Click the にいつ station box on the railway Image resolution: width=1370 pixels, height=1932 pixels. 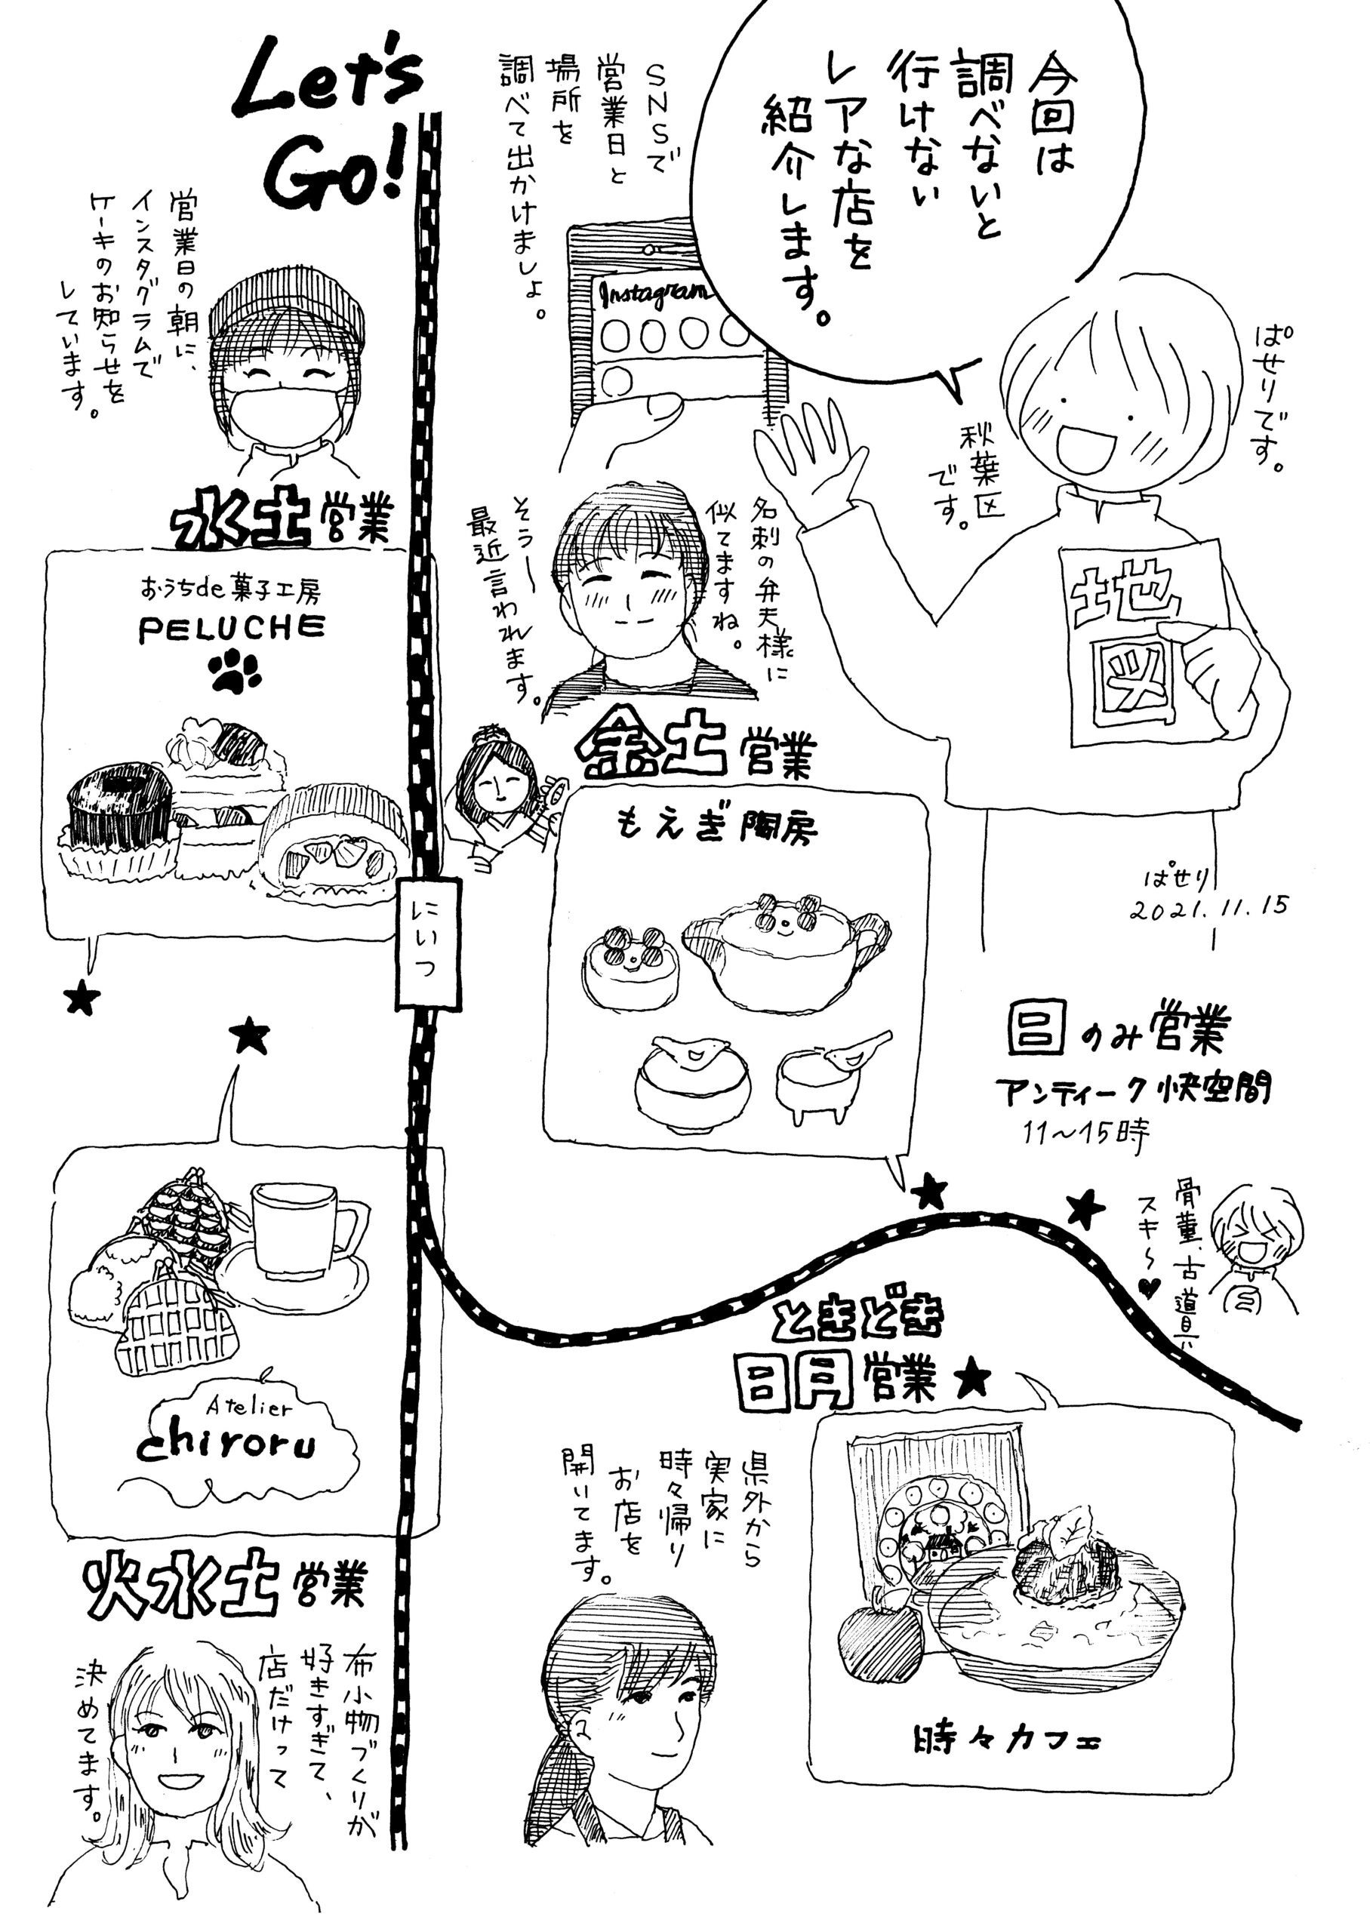click(429, 943)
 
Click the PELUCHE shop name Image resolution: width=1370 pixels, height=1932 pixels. click(231, 628)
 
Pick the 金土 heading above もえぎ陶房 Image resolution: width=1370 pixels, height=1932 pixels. click(650, 744)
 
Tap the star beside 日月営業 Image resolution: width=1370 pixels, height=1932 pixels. click(971, 1380)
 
